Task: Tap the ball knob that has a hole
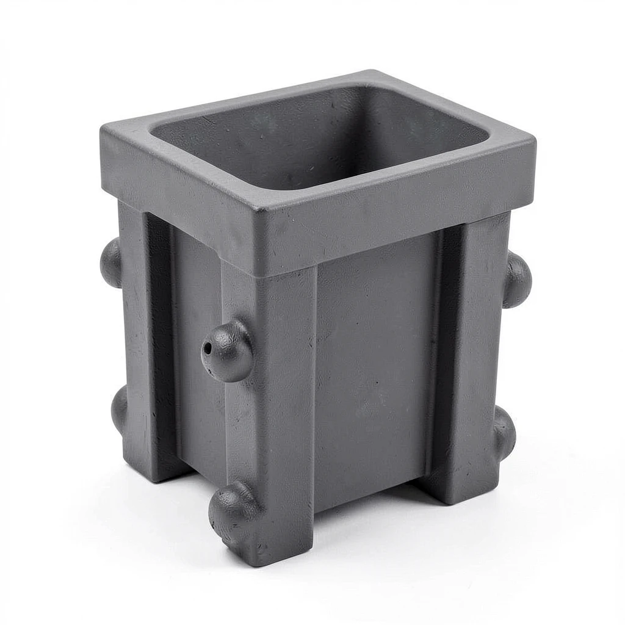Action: [228, 351]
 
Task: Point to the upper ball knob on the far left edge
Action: [111, 262]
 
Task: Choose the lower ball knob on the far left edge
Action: [119, 408]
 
